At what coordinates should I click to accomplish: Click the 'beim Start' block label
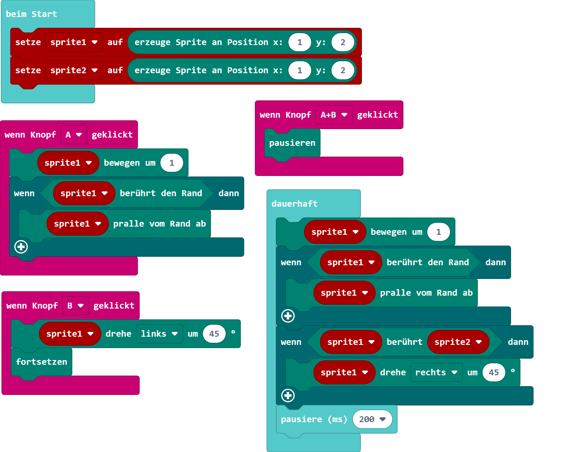coord(31,14)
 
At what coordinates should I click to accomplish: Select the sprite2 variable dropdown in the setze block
coord(74,70)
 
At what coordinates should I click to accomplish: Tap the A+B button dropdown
coord(334,115)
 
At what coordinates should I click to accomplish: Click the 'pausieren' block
coord(292,143)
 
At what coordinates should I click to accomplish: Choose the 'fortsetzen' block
coord(42,362)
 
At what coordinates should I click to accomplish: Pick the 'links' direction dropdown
coord(159,334)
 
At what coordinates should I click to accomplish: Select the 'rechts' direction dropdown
coord(436,372)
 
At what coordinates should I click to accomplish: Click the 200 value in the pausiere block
coord(372,419)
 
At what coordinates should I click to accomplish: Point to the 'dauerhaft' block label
coord(294,204)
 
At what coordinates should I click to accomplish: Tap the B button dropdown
coord(76,306)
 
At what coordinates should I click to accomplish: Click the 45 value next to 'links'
coord(214,334)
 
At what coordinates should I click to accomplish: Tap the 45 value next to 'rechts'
coord(494,372)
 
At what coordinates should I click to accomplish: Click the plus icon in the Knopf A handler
coord(21,247)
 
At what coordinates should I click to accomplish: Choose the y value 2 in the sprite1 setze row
coord(343,42)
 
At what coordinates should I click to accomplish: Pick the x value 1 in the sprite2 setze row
coord(299,70)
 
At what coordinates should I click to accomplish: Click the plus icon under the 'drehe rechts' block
coord(288,395)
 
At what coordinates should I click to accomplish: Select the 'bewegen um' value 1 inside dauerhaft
coord(438,232)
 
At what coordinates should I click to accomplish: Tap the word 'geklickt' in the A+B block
coord(378,115)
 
